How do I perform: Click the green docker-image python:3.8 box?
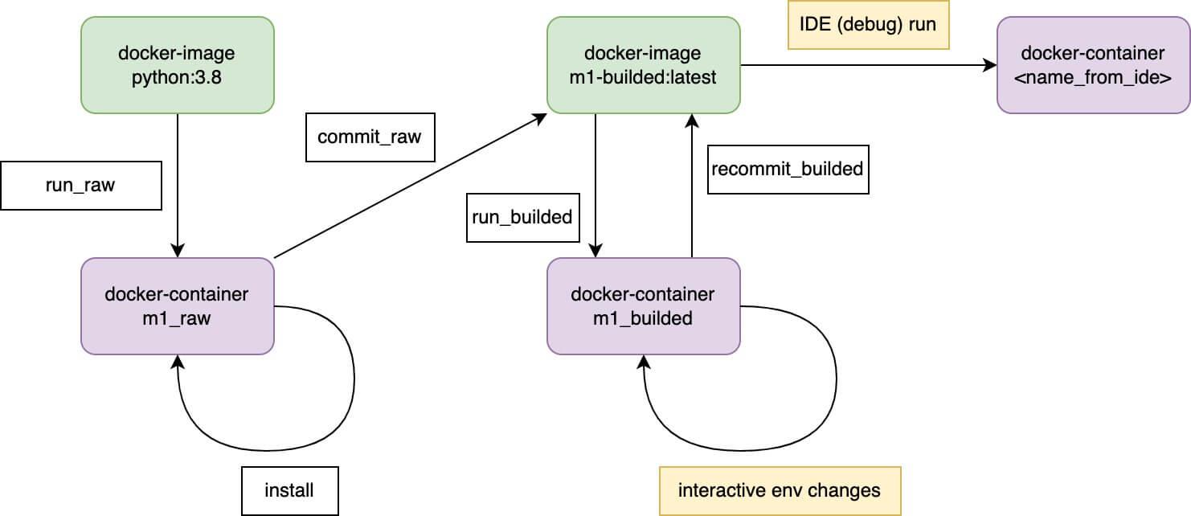click(177, 64)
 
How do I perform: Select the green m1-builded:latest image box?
click(643, 64)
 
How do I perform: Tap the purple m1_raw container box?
click(177, 305)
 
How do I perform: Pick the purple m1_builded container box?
click(643, 305)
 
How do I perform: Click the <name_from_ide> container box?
click(1093, 64)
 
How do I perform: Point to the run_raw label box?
click(80, 186)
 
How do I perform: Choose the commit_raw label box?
click(369, 136)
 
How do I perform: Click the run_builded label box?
click(523, 216)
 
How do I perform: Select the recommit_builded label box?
click(788, 169)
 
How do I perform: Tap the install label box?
click(289, 489)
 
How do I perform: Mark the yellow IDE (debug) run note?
click(868, 25)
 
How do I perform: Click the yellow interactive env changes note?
click(780, 489)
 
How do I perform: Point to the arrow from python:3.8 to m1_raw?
click(177, 185)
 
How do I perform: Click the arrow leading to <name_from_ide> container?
click(868, 65)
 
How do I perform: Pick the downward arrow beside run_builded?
click(595, 185)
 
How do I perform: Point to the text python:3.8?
click(177, 76)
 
